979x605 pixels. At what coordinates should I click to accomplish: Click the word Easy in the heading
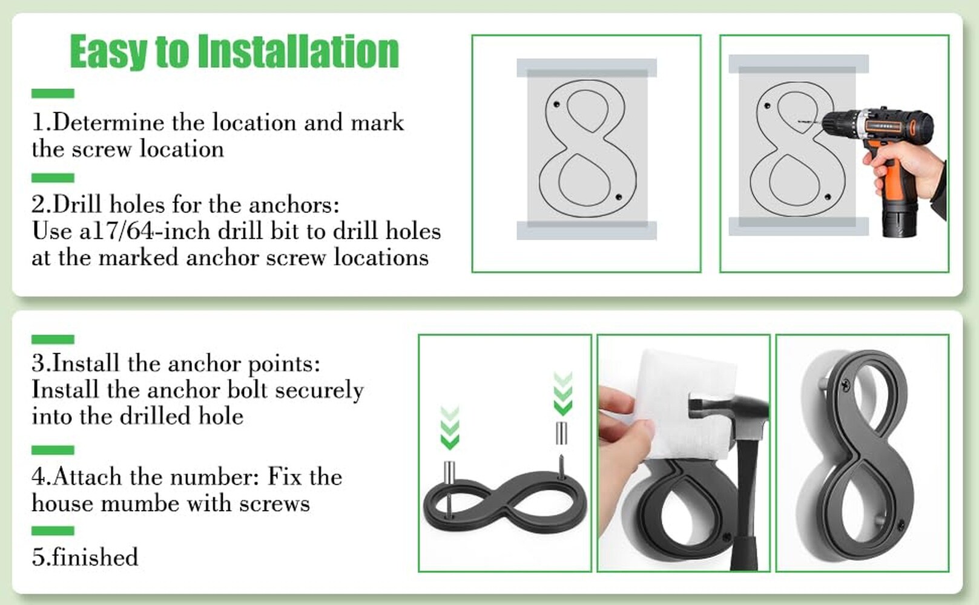[109, 52]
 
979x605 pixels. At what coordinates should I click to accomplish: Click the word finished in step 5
[95, 557]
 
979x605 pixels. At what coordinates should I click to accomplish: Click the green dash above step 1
[53, 94]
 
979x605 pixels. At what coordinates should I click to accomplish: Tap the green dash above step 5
[53, 531]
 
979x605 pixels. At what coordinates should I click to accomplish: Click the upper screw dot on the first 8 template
[556, 105]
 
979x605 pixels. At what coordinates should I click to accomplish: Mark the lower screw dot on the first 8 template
[618, 197]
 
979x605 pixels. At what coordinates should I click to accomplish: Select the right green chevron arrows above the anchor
[563, 394]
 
